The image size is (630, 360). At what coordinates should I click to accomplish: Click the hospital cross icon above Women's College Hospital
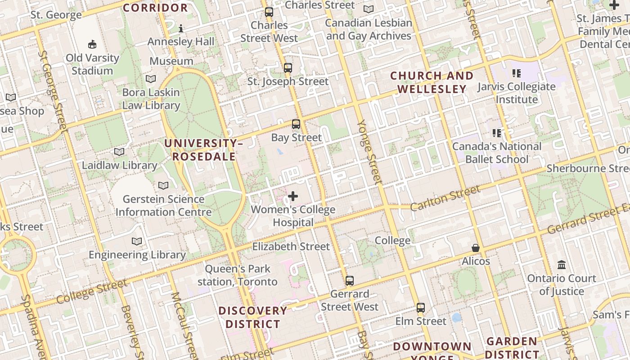click(x=293, y=196)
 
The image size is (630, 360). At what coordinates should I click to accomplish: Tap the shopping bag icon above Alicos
click(x=476, y=248)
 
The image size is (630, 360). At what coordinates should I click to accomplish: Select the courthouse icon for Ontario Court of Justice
click(x=562, y=265)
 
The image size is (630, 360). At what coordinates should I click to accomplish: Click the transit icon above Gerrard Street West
click(x=350, y=281)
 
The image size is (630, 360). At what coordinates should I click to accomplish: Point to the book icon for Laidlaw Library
click(x=119, y=152)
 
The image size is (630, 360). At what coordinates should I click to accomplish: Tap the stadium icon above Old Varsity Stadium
click(x=92, y=44)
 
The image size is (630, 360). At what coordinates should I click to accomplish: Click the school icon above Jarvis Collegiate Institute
click(x=517, y=73)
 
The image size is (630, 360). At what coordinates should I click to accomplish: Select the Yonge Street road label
click(x=370, y=152)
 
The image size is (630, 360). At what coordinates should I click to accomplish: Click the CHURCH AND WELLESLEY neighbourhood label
click(x=432, y=82)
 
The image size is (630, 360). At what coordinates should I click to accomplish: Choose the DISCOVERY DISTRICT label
click(x=252, y=317)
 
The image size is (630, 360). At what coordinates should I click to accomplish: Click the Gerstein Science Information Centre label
click(x=164, y=206)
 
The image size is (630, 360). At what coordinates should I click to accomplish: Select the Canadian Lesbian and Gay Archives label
click(x=369, y=29)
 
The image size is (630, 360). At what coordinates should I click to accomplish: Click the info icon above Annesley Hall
click(x=181, y=28)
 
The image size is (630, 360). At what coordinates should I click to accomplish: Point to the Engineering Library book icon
click(x=137, y=242)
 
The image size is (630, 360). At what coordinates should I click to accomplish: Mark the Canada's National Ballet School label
click(x=497, y=153)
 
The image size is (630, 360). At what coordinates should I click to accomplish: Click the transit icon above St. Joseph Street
click(x=288, y=68)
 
